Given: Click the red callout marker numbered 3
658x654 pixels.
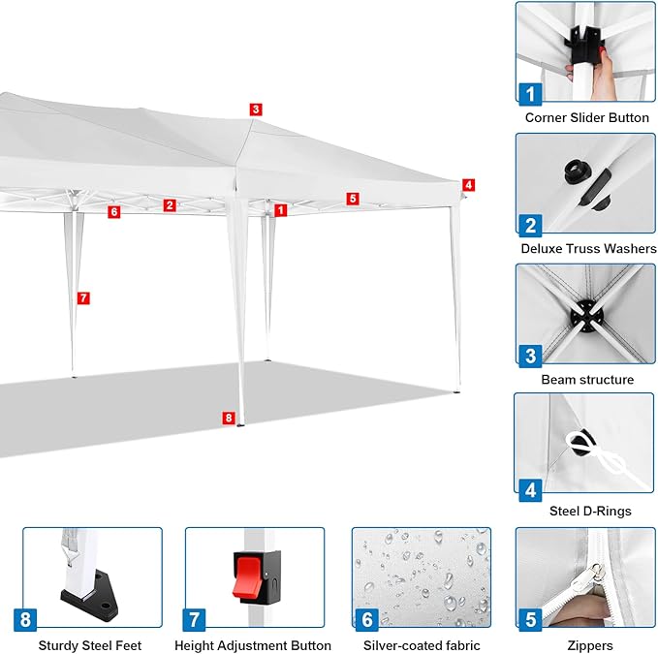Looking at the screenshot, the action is point(256,109).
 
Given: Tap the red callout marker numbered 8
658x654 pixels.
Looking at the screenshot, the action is point(229,418).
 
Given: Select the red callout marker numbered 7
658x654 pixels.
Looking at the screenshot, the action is point(83,297).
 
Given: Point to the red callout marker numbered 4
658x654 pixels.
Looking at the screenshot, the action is point(468,185).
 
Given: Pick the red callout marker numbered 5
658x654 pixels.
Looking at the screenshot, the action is point(353,199).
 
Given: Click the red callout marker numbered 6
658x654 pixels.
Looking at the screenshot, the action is point(114,212).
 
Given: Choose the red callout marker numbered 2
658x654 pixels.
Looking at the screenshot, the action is point(170,205).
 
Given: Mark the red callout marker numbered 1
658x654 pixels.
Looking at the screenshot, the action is point(281,210).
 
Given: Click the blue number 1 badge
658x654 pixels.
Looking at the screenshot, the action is point(530,94).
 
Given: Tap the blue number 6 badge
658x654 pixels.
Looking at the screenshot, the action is point(366,619).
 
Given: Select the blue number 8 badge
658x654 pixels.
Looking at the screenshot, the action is point(25,619).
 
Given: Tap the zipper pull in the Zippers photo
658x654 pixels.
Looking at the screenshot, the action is point(596,574).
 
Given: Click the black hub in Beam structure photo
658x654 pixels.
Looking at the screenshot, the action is point(586,316).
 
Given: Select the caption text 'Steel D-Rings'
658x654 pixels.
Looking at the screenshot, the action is point(590,511).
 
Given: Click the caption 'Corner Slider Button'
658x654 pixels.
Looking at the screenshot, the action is point(586,117).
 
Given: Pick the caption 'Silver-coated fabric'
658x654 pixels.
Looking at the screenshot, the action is point(422,645).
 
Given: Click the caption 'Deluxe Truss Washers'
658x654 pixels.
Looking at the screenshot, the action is point(588,248).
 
